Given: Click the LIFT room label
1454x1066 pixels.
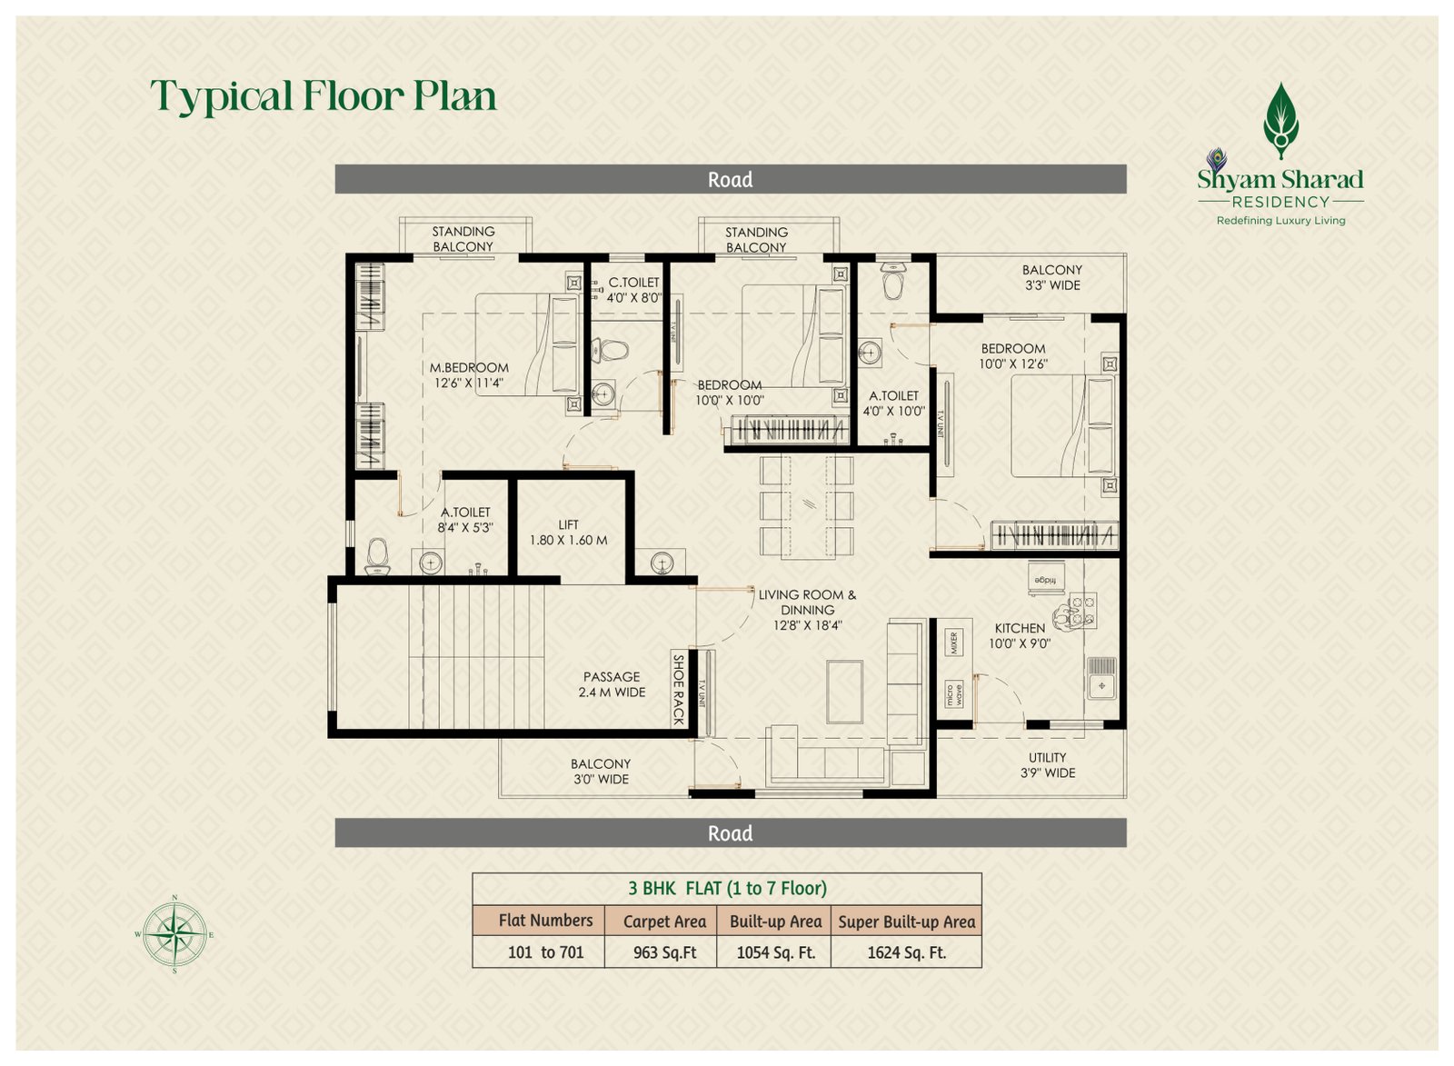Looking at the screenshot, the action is (568, 523).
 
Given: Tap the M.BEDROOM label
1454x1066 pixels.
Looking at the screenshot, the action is (469, 367).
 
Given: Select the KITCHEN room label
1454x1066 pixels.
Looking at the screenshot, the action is (1020, 628).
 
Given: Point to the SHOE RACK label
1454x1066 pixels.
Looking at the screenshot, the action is (678, 690).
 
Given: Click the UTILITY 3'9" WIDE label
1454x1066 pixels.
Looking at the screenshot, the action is (1048, 765).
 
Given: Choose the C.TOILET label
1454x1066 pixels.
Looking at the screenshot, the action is (633, 283).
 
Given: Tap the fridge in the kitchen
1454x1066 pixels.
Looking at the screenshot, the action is (1046, 579).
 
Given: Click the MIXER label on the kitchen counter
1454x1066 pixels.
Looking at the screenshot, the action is (953, 643).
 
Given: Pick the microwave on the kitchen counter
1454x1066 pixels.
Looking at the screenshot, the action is (954, 694).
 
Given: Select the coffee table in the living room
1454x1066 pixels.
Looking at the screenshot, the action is (844, 692).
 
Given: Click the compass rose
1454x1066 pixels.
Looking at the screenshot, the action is (174, 935).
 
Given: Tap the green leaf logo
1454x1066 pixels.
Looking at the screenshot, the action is (1280, 121).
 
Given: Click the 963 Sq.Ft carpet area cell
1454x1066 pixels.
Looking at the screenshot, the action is (664, 952).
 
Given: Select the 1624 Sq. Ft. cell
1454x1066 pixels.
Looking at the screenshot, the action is (907, 952).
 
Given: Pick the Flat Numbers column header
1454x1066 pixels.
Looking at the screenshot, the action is (545, 921).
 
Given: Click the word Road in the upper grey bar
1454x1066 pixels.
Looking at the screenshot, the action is (731, 179).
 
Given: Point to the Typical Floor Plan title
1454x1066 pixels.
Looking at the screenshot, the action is (324, 96).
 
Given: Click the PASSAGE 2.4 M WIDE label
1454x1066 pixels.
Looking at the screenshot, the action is (612, 684).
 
